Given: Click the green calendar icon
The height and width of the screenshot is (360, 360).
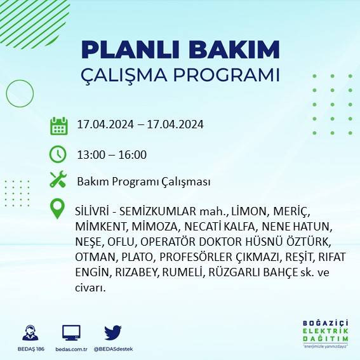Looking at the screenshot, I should tap(58, 125).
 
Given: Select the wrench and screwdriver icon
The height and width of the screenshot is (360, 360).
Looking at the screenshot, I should tap(58, 180).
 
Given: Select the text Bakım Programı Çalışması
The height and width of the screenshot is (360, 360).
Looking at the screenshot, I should tap(143, 182).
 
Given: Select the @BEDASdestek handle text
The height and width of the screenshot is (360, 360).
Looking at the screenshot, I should tap(113, 349).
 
